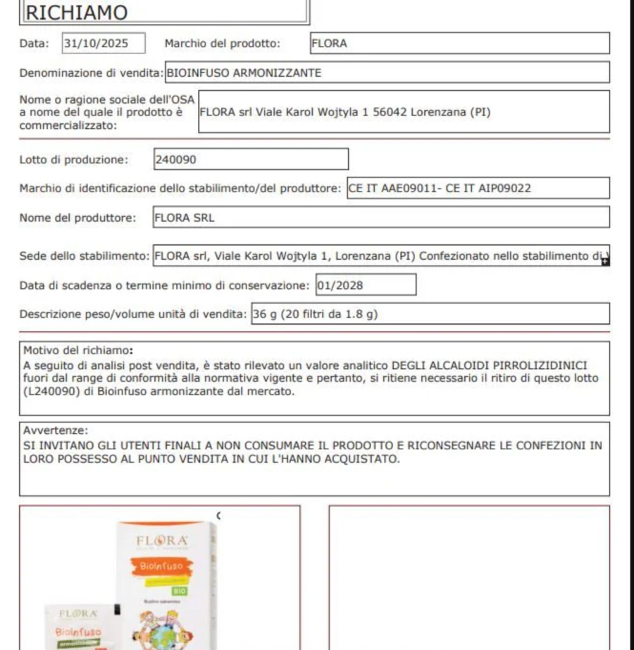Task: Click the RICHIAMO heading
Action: pyautogui.click(x=77, y=13)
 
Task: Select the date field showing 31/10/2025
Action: pyautogui.click(x=104, y=44)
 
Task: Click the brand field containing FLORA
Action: pyautogui.click(x=459, y=44)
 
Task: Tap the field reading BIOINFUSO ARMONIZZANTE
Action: pyautogui.click(x=387, y=73)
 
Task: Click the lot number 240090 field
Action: pyautogui.click(x=250, y=159)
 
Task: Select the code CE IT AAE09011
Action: pyautogui.click(x=390, y=189)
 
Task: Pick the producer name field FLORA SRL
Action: pyautogui.click(x=380, y=218)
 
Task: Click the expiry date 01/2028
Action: pyautogui.click(x=366, y=285)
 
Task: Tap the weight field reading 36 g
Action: pyautogui.click(x=430, y=314)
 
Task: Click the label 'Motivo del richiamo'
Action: pyautogui.click(x=77, y=350)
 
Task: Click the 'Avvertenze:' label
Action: pyautogui.click(x=56, y=430)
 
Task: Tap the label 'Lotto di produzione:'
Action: pyautogui.click(x=74, y=160)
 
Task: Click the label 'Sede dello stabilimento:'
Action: pyautogui.click(x=85, y=256)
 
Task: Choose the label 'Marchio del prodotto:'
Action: pyautogui.click(x=222, y=44)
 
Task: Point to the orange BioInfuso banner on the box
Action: pyautogui.click(x=161, y=565)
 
